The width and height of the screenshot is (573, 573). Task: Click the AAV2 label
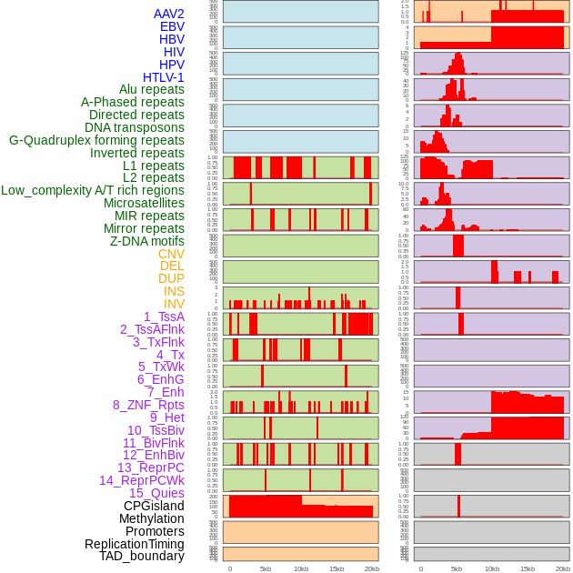point(168,14)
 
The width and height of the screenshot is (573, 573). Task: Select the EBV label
point(171,26)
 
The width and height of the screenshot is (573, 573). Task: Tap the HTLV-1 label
point(163,77)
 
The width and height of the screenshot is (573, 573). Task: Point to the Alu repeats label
point(151,89)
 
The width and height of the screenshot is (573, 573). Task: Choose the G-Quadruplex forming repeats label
point(96,140)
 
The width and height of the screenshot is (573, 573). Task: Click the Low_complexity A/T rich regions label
point(93,190)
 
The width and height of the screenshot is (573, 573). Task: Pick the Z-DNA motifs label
point(146,241)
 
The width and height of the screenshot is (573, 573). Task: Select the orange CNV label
point(171,254)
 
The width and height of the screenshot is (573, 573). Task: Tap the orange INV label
point(174,304)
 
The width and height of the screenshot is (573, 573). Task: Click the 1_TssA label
point(164,317)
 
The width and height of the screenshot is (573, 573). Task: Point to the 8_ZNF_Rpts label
point(148,405)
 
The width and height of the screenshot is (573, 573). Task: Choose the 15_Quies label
point(156,493)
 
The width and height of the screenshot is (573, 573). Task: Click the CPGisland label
point(154,506)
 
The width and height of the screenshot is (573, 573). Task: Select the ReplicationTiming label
point(134,544)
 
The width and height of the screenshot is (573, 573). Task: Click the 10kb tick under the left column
point(301,568)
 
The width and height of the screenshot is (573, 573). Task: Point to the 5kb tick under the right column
point(457,568)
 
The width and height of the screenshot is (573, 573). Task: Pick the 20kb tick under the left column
point(372,568)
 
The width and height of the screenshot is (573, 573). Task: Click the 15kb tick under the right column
point(528,568)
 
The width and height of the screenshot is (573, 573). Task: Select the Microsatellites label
point(144,203)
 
